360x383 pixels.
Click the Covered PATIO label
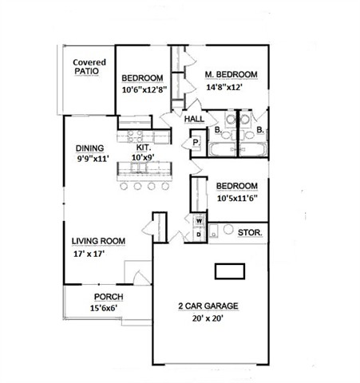pos(89,67)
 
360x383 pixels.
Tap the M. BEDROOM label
pos(231,74)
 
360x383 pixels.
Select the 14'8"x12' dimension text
pos(224,87)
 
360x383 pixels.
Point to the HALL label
pos(194,119)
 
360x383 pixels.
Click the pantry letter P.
pos(196,143)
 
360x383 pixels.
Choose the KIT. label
pos(144,147)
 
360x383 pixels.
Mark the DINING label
pos(89,148)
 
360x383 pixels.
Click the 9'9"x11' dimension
pos(93,159)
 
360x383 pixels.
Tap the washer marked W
pos(199,221)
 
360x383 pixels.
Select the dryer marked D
pos(199,235)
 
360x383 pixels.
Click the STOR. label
pos(250,233)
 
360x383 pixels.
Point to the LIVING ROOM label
pos(98,241)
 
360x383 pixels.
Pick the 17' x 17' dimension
pos(89,254)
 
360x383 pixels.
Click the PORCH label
pos(109,297)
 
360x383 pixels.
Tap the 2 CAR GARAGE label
pos(208,306)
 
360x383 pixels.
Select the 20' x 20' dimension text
pos(208,318)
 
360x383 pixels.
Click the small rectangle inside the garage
pos(230,271)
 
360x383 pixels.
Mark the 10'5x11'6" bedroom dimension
pos(237,198)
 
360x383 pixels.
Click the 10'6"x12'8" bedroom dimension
pos(144,89)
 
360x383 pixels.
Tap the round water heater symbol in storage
pos(228,229)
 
